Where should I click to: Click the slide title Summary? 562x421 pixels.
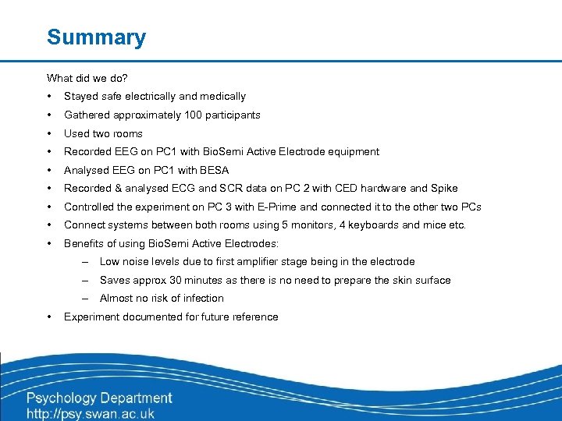click(x=96, y=37)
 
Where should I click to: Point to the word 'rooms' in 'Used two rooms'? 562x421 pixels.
click(x=127, y=134)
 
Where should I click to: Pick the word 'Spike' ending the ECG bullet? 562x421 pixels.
click(x=444, y=189)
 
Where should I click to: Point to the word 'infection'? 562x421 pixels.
click(x=202, y=299)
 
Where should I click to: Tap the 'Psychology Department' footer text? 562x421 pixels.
click(x=100, y=398)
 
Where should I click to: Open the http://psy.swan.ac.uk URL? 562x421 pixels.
click(x=91, y=413)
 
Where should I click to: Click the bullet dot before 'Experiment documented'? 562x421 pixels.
click(x=49, y=317)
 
